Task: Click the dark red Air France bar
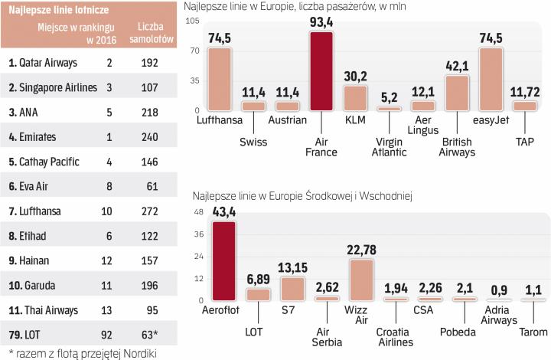(321, 71)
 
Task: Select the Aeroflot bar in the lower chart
(224, 260)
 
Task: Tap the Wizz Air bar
(361, 280)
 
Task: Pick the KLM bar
(356, 97)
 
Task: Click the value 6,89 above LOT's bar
(258, 279)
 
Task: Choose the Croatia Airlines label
(395, 336)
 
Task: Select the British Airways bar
(457, 93)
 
